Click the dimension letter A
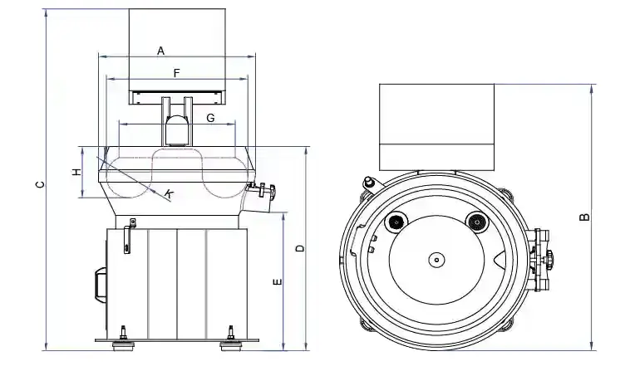161,51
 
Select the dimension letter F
177,73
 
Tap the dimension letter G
210,119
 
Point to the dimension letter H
75,173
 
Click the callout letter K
169,194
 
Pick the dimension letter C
40,185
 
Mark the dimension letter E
278,282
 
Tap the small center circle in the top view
435,260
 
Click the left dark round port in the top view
396,222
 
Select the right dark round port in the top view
475,222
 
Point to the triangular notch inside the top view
498,261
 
